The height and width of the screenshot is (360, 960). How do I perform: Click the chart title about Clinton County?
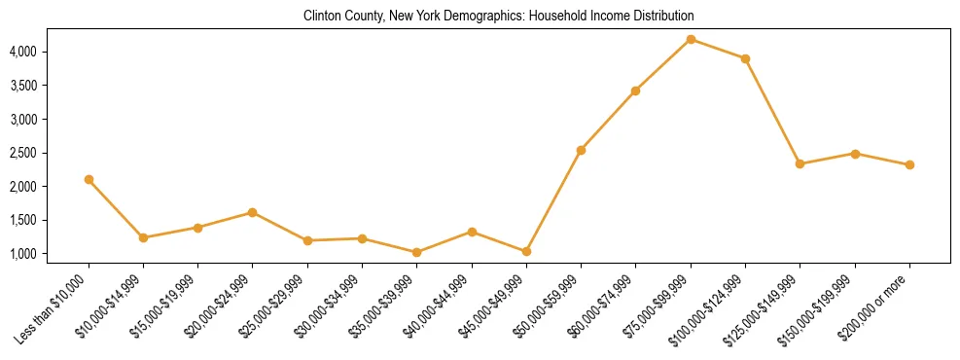point(499,16)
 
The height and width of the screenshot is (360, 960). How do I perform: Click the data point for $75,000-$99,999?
point(691,39)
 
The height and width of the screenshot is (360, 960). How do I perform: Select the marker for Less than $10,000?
point(89,179)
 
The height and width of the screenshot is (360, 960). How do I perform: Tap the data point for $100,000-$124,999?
point(745,58)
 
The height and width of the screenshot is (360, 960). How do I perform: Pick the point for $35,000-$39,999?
point(417,252)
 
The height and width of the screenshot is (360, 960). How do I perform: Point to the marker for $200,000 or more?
point(909,164)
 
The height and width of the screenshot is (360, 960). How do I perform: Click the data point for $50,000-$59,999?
point(581,150)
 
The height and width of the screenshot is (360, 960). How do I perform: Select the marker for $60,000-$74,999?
point(635,90)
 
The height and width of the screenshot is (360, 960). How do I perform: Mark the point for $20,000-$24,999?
point(253,212)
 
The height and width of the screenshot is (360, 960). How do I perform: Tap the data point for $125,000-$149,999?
point(800,163)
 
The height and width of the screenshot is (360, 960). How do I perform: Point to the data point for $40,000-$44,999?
point(472,232)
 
